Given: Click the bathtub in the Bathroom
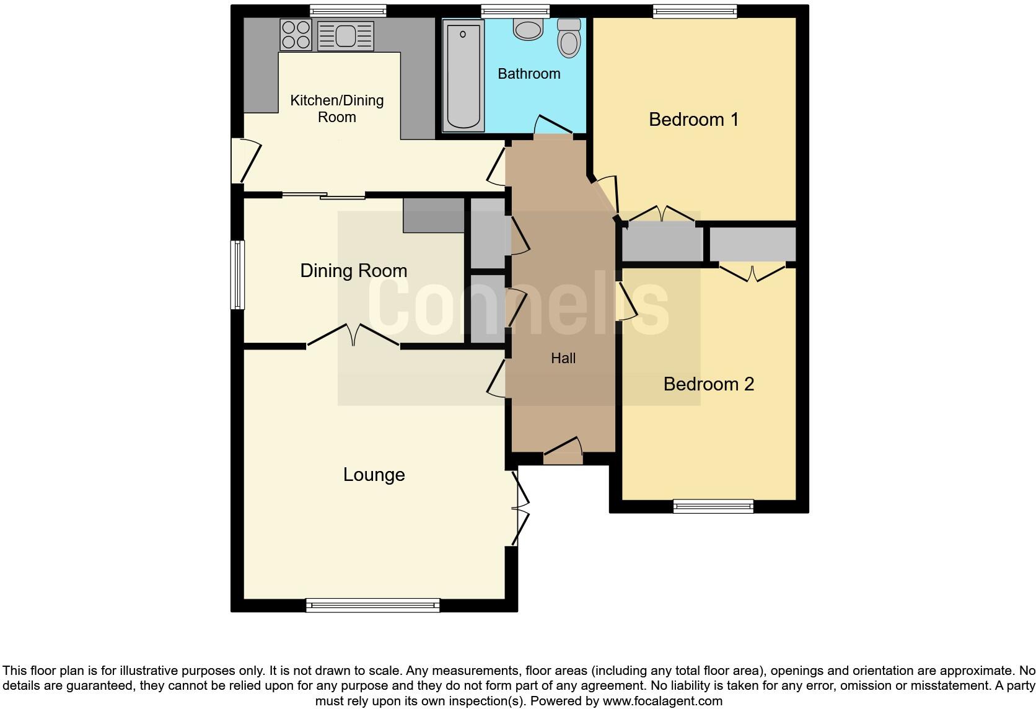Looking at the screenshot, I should click(x=463, y=75).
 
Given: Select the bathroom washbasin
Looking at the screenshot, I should click(x=529, y=29).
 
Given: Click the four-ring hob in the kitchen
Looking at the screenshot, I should click(x=296, y=35).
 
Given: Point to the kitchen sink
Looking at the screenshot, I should click(x=346, y=35).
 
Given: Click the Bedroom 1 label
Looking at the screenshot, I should click(x=693, y=119).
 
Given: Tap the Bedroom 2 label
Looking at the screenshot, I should click(x=708, y=384).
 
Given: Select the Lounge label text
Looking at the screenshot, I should click(x=374, y=475).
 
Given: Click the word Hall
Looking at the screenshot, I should click(x=563, y=358).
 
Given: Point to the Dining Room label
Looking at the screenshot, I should click(x=353, y=271).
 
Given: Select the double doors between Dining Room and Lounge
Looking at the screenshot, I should click(x=353, y=336).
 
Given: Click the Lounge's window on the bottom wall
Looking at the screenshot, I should click(x=372, y=605).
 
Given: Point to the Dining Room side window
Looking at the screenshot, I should click(x=237, y=275).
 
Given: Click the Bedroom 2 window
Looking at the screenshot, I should click(x=713, y=506).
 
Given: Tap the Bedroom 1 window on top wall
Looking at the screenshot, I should click(x=695, y=11).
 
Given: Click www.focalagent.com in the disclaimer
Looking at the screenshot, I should click(x=662, y=701).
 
